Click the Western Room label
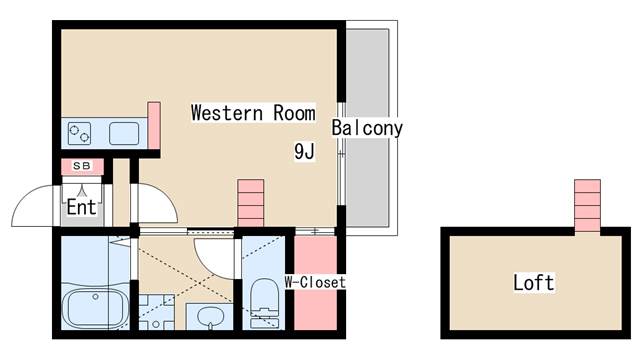pyautogui.click(x=253, y=112)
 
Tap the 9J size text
pyautogui.click(x=305, y=152)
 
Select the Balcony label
pyautogui.click(x=367, y=128)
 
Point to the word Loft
pyautogui.click(x=533, y=282)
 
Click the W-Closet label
pyautogui.click(x=315, y=282)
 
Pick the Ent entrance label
pyautogui.click(x=81, y=207)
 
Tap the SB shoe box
pyautogui.click(x=81, y=166)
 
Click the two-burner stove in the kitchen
pyautogui.click(x=79, y=132)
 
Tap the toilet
pyautogui.click(x=264, y=297)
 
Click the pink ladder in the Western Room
pyautogui.click(x=250, y=204)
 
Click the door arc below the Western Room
pyautogui.click(x=215, y=255)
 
